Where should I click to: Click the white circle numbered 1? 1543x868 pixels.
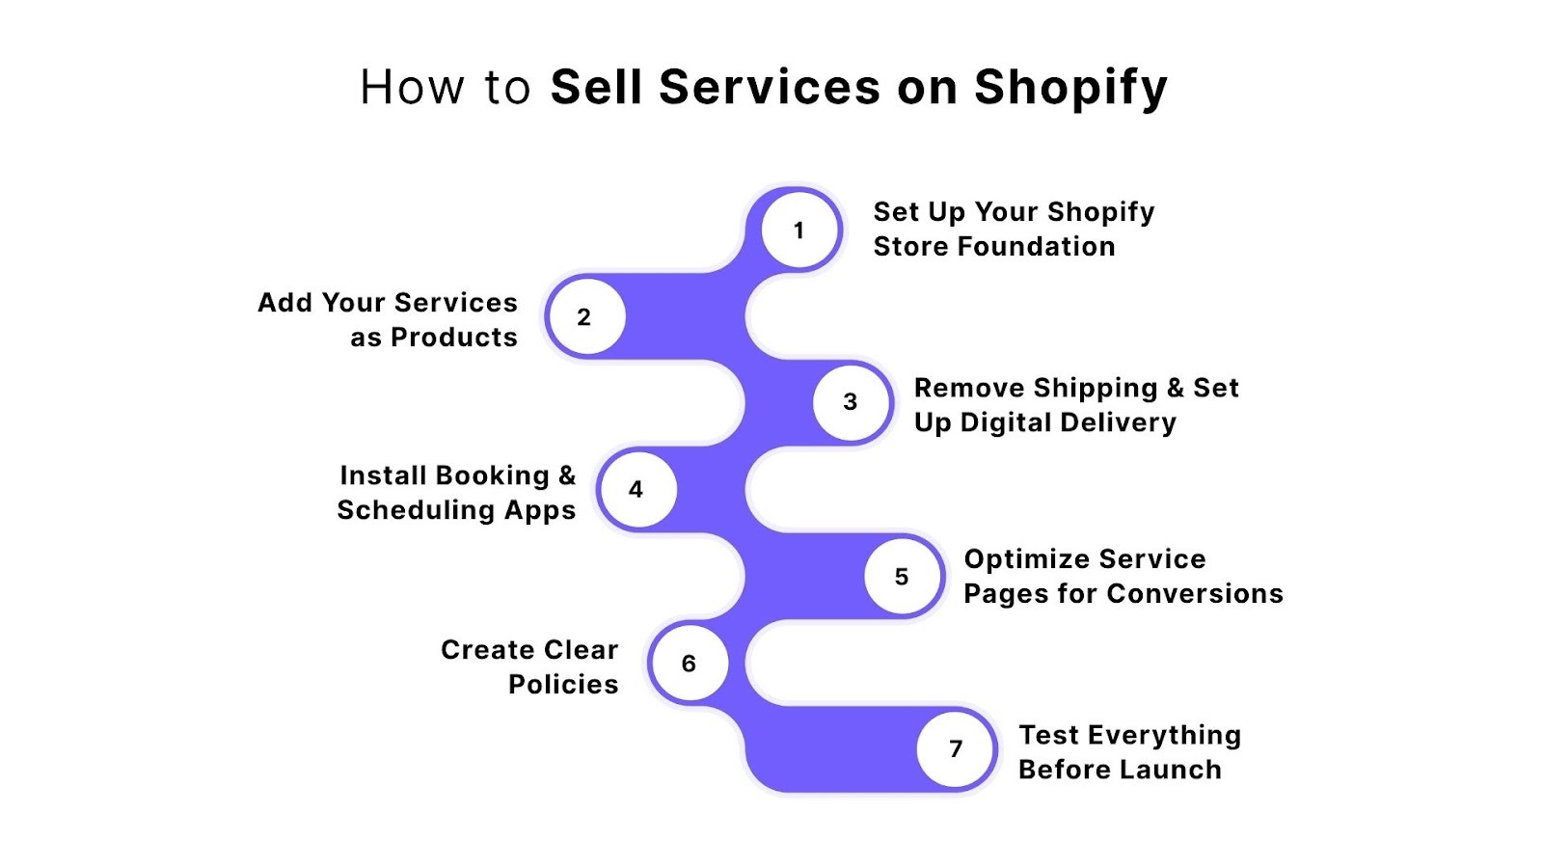(x=799, y=231)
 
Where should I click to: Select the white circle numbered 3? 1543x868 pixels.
(x=851, y=402)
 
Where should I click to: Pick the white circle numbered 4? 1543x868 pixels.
(x=636, y=489)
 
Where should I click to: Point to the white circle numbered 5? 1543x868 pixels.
(x=903, y=576)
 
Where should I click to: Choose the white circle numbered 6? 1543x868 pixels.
(x=689, y=663)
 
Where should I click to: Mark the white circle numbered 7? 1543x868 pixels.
(x=956, y=748)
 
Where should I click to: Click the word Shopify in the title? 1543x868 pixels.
(x=1070, y=88)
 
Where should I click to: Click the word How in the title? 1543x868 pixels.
(x=413, y=87)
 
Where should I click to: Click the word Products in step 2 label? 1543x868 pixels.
(x=454, y=338)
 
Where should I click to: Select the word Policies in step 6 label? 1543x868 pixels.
(x=563, y=685)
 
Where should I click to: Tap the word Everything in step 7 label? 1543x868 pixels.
(x=1164, y=736)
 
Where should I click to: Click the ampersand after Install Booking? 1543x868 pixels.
(x=567, y=475)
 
